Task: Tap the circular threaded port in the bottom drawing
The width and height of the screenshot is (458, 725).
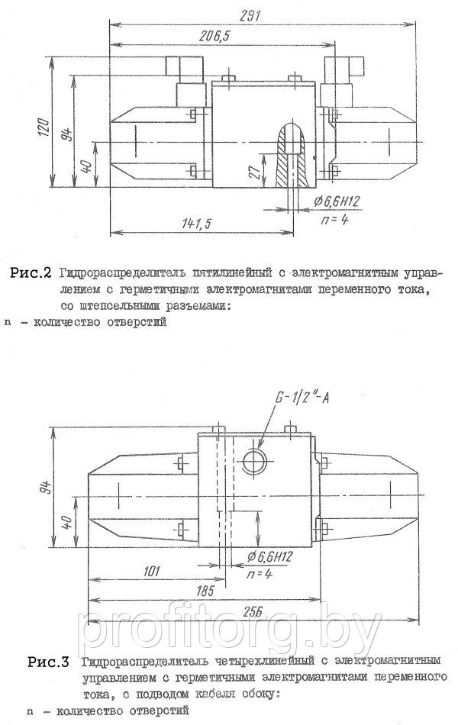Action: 252,458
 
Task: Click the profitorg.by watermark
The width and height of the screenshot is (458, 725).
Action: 229,633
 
